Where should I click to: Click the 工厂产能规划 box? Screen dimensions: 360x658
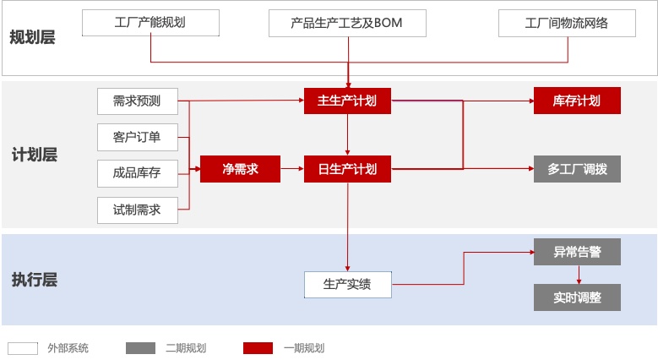150,23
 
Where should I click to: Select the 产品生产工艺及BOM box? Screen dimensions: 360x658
347,23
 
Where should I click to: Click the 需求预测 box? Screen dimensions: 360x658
137,101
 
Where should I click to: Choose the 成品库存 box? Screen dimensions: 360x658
137,173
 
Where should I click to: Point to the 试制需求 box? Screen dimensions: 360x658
137,210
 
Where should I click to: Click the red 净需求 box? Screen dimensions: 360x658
239,169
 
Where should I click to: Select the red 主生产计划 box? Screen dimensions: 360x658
347,101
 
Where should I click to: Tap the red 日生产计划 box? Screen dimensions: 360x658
347,169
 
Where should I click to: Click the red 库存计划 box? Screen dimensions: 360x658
577,101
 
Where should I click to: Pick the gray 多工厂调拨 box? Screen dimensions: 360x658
577,169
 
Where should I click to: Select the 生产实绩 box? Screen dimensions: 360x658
347,285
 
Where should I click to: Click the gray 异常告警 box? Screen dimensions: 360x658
577,252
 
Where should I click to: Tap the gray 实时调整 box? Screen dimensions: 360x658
577,297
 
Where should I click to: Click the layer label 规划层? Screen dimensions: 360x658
32,36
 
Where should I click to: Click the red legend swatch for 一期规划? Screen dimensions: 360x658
258,347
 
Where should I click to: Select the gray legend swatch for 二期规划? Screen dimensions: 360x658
140,347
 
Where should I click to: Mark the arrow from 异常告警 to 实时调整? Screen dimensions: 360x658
578,275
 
